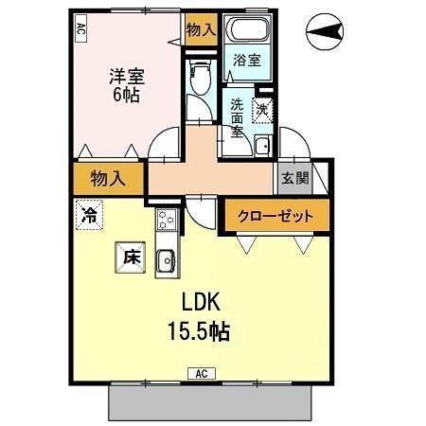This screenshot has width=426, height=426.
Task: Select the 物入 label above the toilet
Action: (x=200, y=30)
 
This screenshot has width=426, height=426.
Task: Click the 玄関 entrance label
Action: (x=291, y=176)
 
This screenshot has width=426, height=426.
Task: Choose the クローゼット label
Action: (x=281, y=216)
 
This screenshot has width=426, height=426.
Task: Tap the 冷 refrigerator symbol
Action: (x=87, y=214)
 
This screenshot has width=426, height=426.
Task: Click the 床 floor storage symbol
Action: (x=130, y=256)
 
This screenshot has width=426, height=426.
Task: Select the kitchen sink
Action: (x=165, y=258)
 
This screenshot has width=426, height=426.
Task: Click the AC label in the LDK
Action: (x=202, y=373)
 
